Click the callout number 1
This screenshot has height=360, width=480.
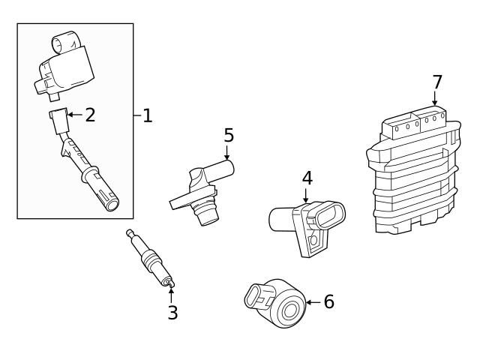click(x=148, y=115)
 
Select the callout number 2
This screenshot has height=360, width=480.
click(x=90, y=115)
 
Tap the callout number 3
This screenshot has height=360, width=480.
click(x=172, y=313)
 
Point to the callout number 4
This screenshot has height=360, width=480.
click(x=307, y=178)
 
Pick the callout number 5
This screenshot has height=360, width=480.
click(x=229, y=136)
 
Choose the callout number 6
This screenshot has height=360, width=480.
click(x=328, y=302)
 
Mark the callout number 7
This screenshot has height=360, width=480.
click(x=437, y=82)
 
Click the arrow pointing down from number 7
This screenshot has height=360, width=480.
click(x=435, y=99)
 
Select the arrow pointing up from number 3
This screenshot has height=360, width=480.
click(x=172, y=293)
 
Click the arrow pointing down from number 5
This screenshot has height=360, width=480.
click(x=227, y=152)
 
